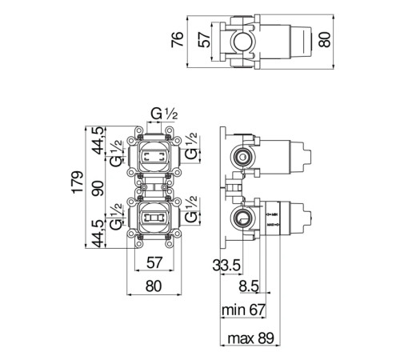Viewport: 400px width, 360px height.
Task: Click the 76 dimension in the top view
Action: (177, 39)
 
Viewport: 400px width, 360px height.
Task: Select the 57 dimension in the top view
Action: (205, 39)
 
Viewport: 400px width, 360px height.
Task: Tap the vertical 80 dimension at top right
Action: (325, 39)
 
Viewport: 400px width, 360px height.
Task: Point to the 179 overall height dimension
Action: (78, 182)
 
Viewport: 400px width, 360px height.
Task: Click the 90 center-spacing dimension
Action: (98, 188)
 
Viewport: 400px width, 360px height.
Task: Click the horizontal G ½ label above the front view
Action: (164, 114)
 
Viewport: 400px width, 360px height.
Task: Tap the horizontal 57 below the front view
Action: (154, 262)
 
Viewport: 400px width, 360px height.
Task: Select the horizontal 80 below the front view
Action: (154, 286)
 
